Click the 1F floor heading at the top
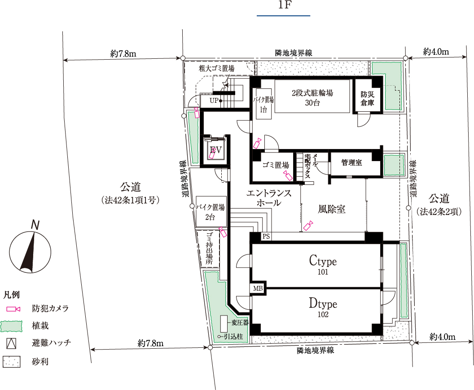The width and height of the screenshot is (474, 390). pyautogui.click(x=284, y=5)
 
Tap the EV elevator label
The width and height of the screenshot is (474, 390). pyautogui.click(x=216, y=150)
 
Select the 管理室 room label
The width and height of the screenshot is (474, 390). pyautogui.click(x=351, y=162)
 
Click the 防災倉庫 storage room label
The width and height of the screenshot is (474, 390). pyautogui.click(x=367, y=99)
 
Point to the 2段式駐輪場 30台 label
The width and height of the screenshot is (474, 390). pyautogui.click(x=312, y=98)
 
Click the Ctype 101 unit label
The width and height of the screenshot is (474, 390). pyautogui.click(x=323, y=265)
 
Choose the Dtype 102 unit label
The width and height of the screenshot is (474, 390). pyautogui.click(x=323, y=307)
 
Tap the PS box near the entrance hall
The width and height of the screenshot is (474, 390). pyautogui.click(x=266, y=237)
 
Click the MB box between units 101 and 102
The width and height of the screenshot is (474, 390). pyautogui.click(x=258, y=289)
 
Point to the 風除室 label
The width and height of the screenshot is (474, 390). pyautogui.click(x=331, y=209)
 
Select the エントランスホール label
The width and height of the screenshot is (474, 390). pyautogui.click(x=268, y=198)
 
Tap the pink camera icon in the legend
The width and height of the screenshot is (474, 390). pyautogui.click(x=13, y=309)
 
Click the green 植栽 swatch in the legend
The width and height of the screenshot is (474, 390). pyautogui.click(x=12, y=326)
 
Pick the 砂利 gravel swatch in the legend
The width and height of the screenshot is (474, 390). pyautogui.click(x=12, y=362)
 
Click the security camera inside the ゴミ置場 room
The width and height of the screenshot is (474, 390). pyautogui.click(x=287, y=175)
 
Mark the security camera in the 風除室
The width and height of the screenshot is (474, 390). pyautogui.click(x=308, y=226)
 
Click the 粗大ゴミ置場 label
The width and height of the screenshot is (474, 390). pyautogui.click(x=216, y=68)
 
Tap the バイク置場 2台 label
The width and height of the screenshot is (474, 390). pyautogui.click(x=210, y=212)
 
